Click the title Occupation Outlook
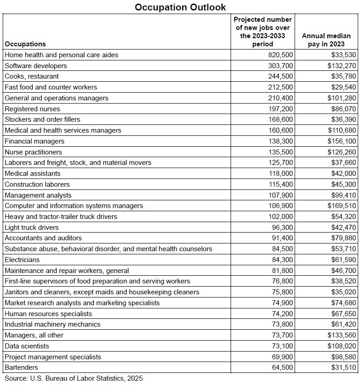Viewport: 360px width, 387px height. coord(180,7)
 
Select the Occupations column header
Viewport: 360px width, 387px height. coord(25,44)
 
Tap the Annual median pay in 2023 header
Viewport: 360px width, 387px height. coord(326,40)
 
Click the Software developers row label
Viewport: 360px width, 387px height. coord(36,66)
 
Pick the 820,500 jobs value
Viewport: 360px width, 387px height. coord(281,55)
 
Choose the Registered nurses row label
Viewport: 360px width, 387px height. coord(32,109)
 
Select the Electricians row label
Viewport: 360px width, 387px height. coord(22,260)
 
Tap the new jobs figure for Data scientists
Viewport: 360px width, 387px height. coord(282,346)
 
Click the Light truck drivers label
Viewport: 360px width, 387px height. coord(32,228)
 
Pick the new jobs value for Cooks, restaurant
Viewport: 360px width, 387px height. coord(281,76)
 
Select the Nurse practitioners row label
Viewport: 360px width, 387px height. coord(33,152)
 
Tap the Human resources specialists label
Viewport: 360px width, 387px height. coord(49,314)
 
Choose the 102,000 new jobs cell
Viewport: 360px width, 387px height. coord(281,217)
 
